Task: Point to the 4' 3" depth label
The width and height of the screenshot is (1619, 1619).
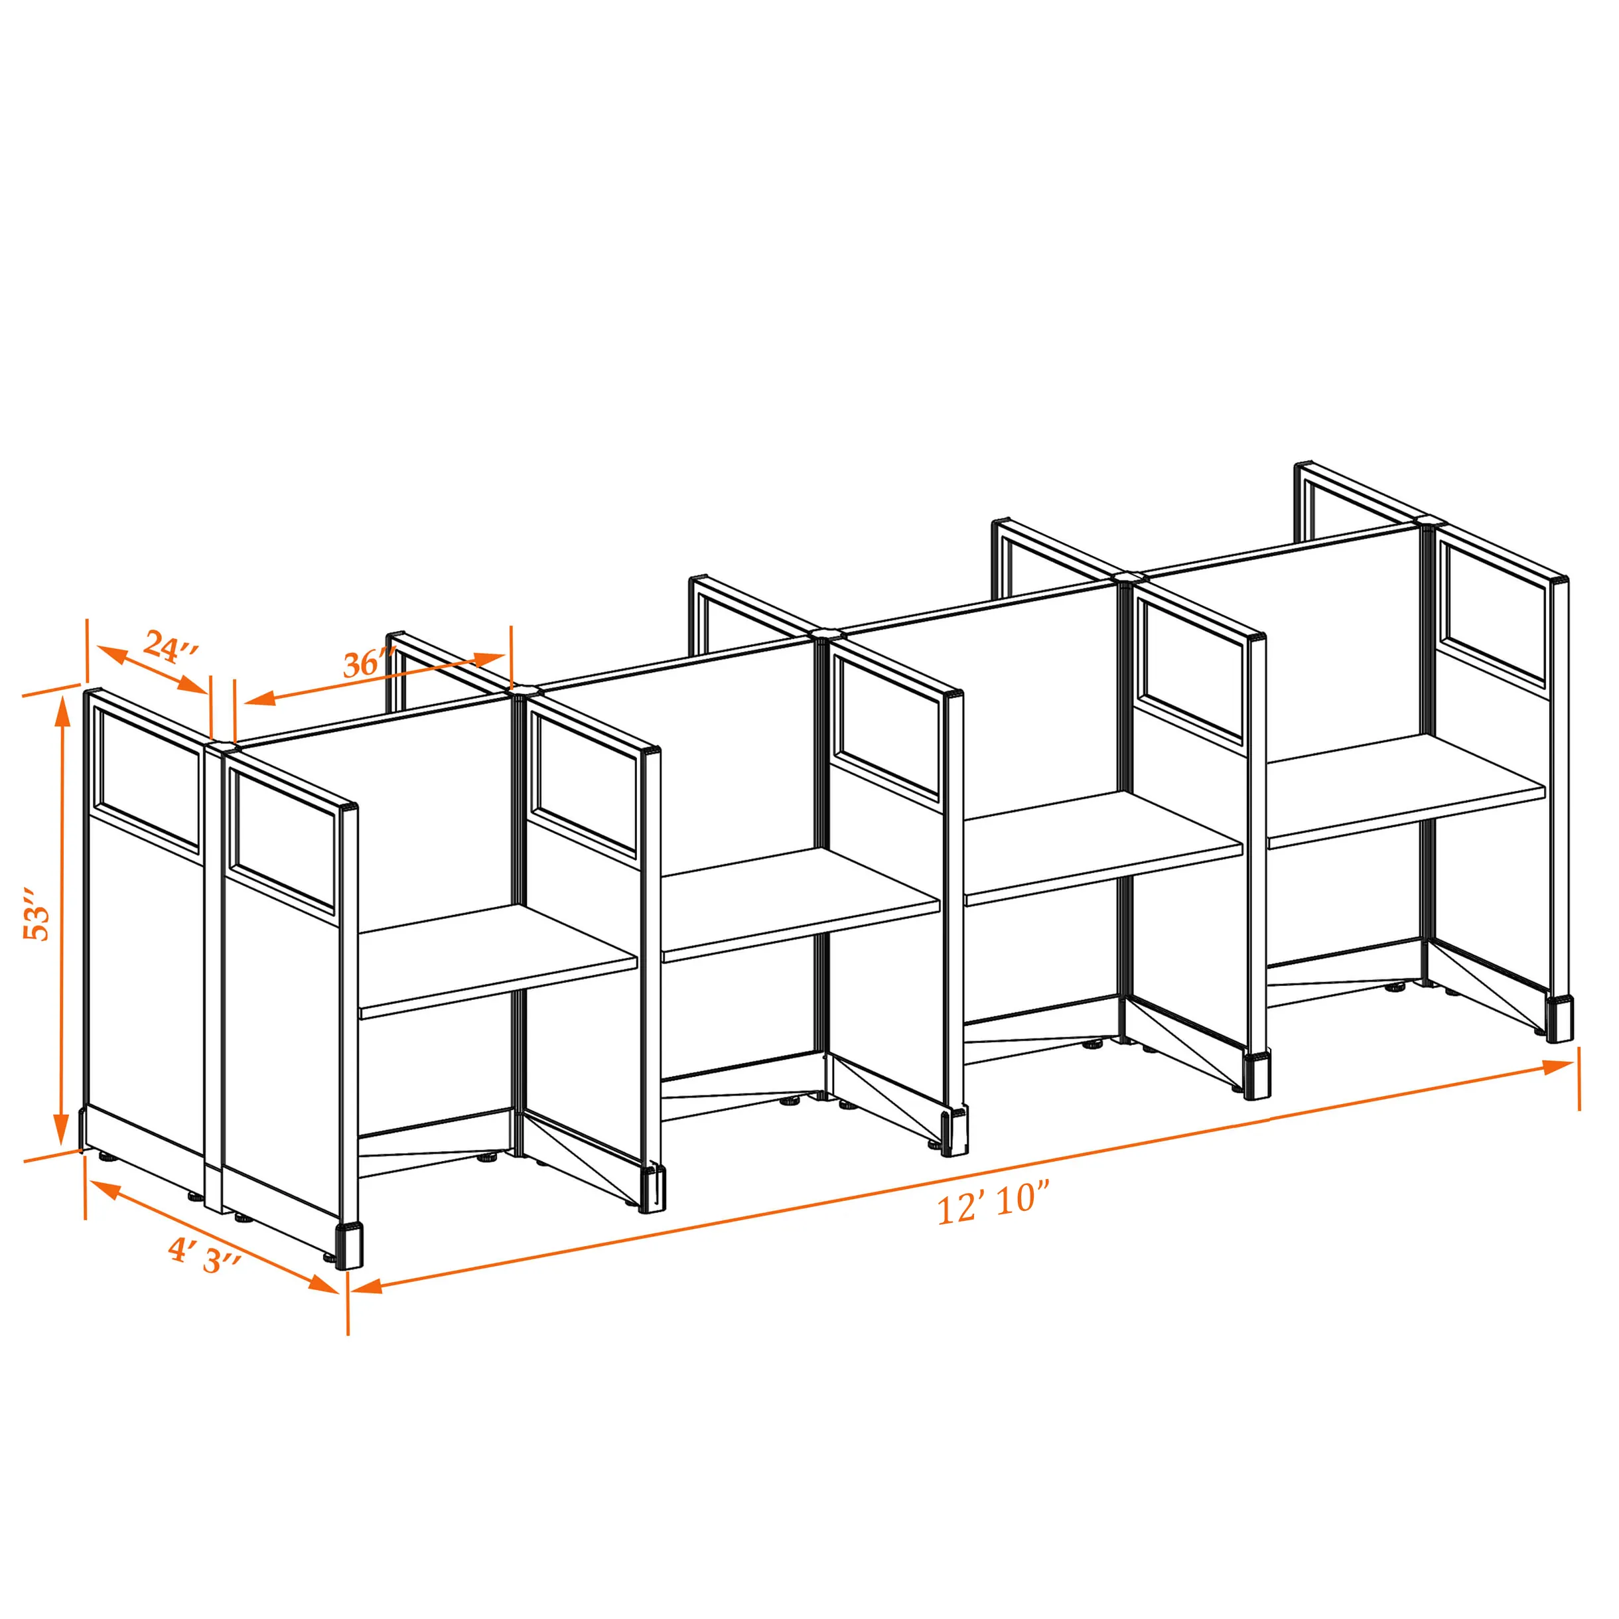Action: point(204,1255)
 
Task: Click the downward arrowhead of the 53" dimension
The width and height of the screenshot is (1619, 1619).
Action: point(61,1128)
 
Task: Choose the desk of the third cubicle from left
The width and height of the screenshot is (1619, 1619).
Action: point(1103,848)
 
